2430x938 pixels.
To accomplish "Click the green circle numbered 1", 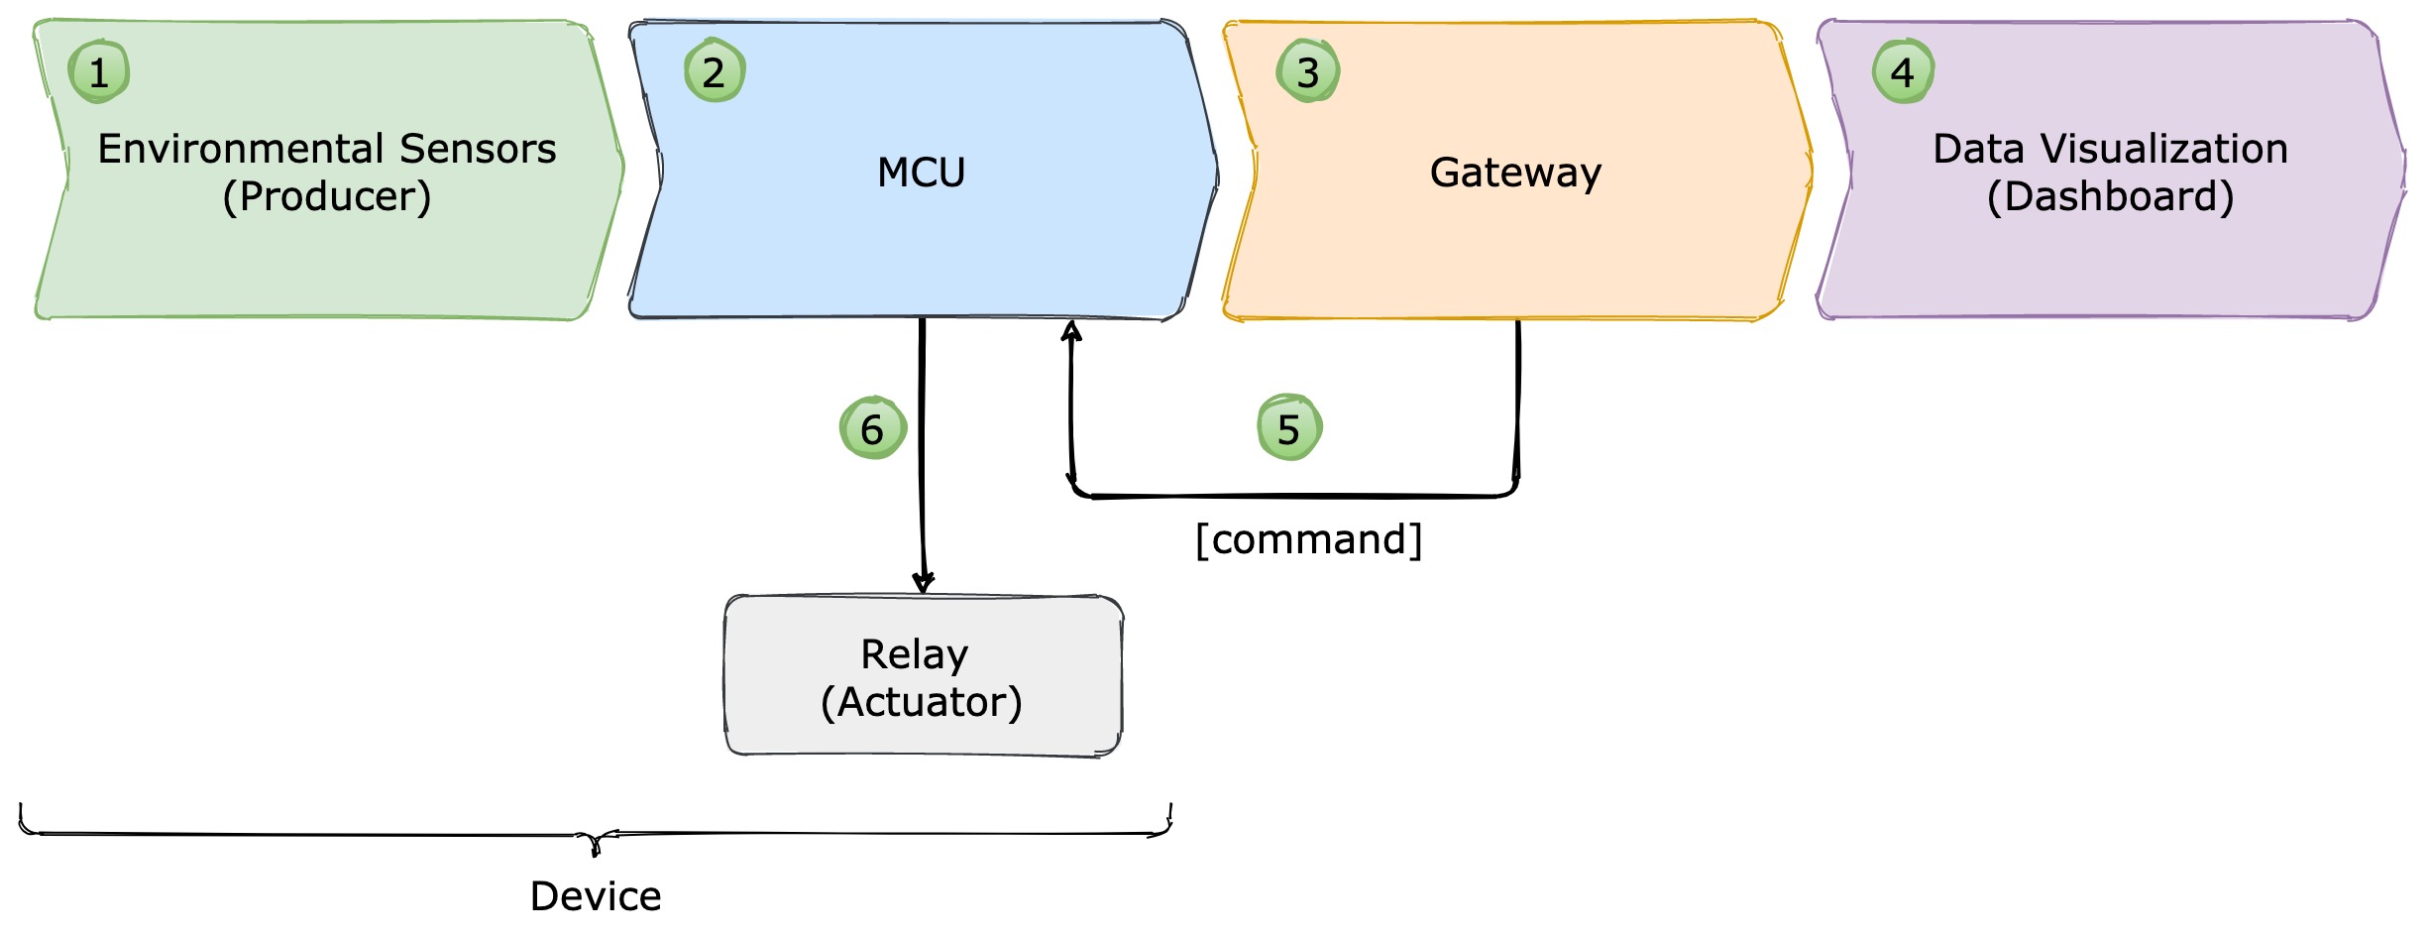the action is click(x=99, y=71).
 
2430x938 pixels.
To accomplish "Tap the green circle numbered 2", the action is click(x=715, y=70).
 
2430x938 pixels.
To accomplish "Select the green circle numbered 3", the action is click(x=1308, y=70).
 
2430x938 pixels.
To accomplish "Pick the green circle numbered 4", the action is click(x=1903, y=71).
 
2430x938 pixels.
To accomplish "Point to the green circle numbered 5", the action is click(x=1288, y=427).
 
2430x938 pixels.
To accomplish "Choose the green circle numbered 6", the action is click(x=872, y=427).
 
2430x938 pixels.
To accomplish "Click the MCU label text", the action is click(x=921, y=173).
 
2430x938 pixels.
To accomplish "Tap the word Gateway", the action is click(x=1515, y=174).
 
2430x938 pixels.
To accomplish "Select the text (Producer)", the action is click(x=327, y=196).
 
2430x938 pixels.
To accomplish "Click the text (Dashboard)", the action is click(x=2111, y=196).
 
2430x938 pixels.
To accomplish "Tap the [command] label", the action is click(x=1309, y=539).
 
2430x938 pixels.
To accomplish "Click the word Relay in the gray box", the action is click(x=914, y=655).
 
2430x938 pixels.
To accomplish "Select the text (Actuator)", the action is click(x=922, y=702).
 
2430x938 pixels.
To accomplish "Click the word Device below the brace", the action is click(x=596, y=896).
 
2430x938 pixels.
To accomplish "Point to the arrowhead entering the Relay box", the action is click(x=924, y=583).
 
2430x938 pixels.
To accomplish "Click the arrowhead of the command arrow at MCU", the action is click(x=1071, y=330).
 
